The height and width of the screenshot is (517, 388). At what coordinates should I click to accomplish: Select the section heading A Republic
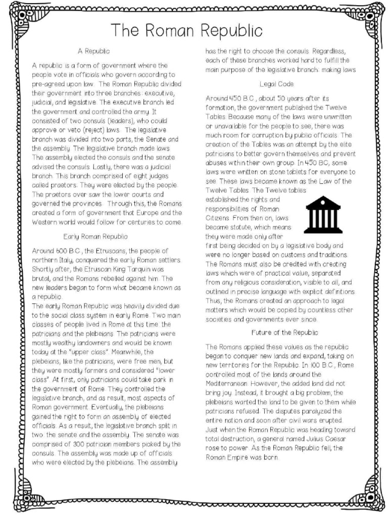point(93,51)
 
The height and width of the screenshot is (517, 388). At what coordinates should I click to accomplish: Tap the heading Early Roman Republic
point(95,236)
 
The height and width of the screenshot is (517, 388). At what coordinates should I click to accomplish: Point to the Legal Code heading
point(277,83)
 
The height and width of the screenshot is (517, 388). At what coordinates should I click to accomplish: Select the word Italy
point(68,260)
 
